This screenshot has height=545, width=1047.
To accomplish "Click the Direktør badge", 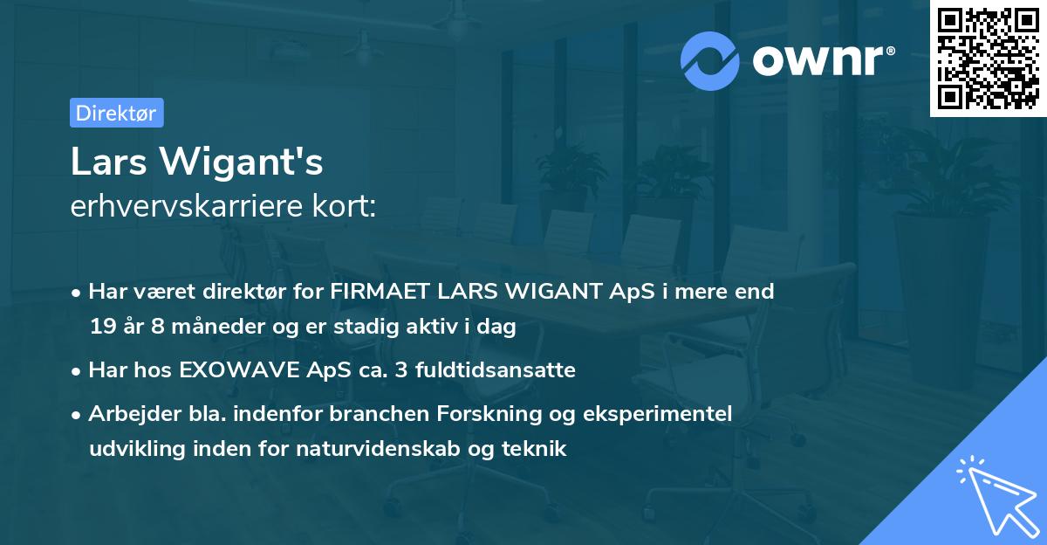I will pyautogui.click(x=116, y=113).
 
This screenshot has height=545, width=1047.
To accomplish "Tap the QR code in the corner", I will pyautogui.click(x=989, y=59).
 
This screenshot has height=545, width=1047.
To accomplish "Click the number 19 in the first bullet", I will pyautogui.click(x=101, y=328).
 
